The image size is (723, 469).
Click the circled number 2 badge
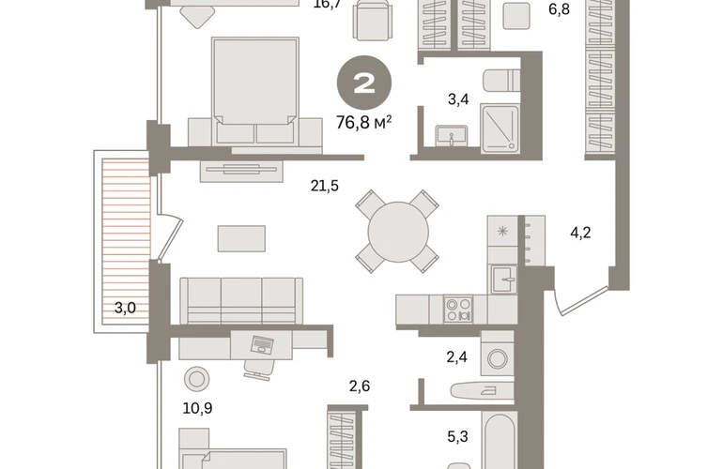pos(364,83)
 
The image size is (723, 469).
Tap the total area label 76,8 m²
pos(363,123)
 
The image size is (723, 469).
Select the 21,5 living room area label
pos(325,186)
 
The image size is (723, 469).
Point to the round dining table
pos(398,232)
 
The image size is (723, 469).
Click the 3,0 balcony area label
pos(125,308)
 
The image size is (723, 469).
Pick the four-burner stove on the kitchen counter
pos(458,310)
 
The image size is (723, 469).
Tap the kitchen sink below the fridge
pos(503,280)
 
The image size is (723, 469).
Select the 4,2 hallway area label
pos(580,233)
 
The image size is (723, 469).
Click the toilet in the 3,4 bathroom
pos(501,81)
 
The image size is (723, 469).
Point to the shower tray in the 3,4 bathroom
pos(500,129)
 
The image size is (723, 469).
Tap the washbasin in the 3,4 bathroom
pos(452,136)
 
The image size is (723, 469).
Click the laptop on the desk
pos(262,344)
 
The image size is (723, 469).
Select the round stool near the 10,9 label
pos(196,379)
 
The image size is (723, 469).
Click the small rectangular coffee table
pos(241,238)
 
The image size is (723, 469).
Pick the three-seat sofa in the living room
pos(241,300)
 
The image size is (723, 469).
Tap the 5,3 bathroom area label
pos(458,436)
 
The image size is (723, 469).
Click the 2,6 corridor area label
pos(360,386)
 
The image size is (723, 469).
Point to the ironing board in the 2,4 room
pos(483,391)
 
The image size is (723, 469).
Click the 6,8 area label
pos(559,9)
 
